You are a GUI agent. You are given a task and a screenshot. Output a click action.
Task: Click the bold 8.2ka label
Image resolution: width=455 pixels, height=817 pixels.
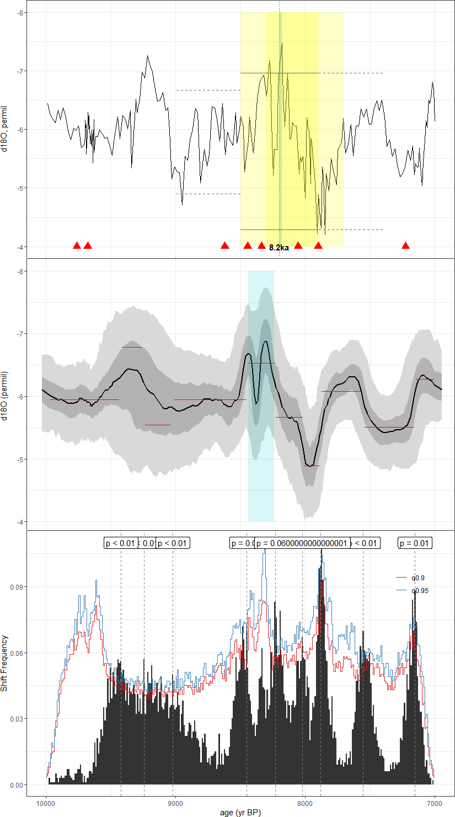(x=279, y=248)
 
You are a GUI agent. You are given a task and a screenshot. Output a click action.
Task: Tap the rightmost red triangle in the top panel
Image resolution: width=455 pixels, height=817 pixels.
(x=405, y=245)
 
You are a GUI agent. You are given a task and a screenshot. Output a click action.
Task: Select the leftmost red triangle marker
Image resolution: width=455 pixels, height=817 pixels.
(x=77, y=245)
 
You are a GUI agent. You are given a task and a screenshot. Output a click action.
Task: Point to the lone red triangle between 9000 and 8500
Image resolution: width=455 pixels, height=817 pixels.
(x=224, y=245)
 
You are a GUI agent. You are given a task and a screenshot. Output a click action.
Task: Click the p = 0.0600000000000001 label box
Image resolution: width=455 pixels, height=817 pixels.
(x=302, y=543)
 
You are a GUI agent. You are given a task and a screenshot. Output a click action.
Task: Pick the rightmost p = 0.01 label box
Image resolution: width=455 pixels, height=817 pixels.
(x=415, y=543)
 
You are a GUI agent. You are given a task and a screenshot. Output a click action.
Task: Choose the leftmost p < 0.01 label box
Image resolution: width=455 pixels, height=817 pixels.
(x=120, y=543)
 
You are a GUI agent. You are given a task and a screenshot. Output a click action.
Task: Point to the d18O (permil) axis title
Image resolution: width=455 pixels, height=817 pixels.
(x=6, y=396)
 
